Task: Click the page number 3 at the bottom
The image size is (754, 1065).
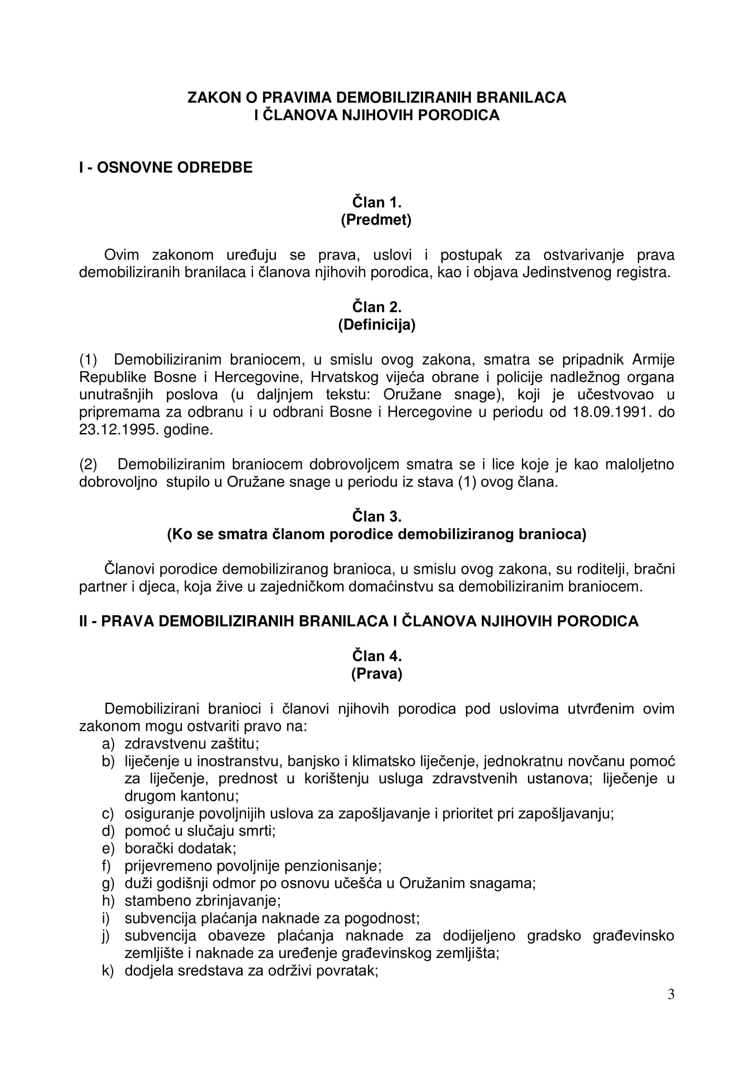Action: pos(671,1007)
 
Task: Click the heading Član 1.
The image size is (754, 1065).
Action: pos(377,202)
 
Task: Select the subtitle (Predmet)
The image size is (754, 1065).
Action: pos(376,220)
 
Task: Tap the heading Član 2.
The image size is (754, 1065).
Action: pos(377,307)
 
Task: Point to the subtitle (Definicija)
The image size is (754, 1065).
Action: pos(377,325)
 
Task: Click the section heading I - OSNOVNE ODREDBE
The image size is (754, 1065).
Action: pos(166,168)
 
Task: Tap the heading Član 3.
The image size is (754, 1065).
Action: pos(377,516)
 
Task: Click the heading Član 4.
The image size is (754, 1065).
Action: pos(377,656)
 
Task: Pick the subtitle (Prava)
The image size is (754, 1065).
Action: pos(377,673)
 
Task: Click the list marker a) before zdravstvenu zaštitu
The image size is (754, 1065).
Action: pos(108,744)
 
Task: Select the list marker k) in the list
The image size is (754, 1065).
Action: pos(108,971)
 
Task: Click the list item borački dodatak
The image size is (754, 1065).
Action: pos(180,848)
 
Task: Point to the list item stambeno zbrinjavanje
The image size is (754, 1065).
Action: pos(202,901)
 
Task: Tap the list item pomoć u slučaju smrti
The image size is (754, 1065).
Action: pos(200,831)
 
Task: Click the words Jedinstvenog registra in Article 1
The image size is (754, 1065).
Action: pos(596,272)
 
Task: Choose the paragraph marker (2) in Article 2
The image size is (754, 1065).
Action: pos(88,464)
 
